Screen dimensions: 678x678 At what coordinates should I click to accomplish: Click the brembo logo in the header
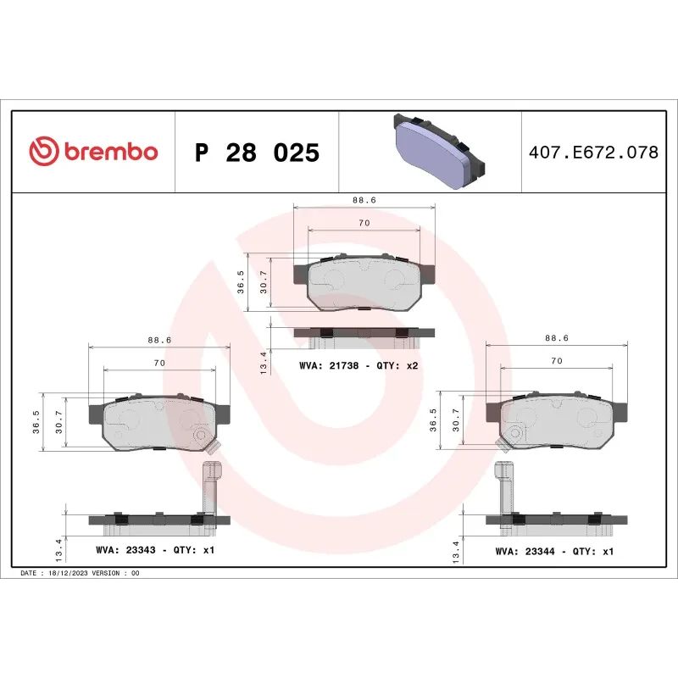[93, 152]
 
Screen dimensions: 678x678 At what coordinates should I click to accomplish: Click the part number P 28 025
[257, 153]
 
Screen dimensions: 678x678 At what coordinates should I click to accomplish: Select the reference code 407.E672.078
[592, 153]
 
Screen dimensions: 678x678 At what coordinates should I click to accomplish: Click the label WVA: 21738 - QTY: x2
[358, 365]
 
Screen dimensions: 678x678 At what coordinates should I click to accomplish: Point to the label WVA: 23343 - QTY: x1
[156, 550]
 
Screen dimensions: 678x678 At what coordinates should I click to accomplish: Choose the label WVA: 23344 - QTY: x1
[553, 551]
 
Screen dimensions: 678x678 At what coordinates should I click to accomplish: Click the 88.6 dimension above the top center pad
[364, 200]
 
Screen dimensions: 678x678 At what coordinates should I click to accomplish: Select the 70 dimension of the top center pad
[364, 223]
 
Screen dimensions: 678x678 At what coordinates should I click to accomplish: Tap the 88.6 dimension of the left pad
[159, 340]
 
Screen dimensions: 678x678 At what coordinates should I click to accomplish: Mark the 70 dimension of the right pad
[557, 361]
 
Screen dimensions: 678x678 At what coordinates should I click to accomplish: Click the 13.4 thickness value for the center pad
[264, 362]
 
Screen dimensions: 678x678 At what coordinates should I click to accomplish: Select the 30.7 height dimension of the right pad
[457, 420]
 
